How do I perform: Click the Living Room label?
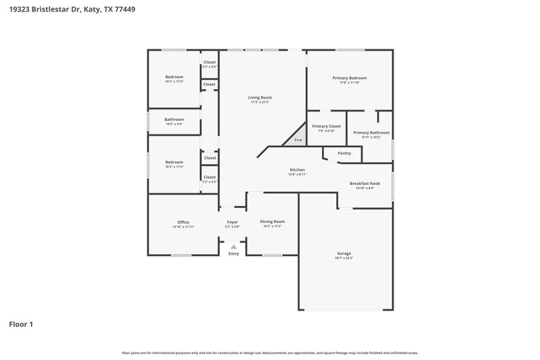click(260, 97)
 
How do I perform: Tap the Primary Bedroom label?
click(350, 78)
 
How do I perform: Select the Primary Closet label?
click(326, 126)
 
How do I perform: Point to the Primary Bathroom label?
click(371, 132)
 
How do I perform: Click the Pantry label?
click(344, 153)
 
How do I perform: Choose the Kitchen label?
click(297, 170)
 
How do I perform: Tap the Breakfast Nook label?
click(364, 183)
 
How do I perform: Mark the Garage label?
click(344, 253)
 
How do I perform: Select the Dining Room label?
click(273, 222)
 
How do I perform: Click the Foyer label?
click(232, 222)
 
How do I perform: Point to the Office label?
click(183, 222)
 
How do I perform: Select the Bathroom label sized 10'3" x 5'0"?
click(174, 120)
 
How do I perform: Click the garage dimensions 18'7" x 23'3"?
click(344, 258)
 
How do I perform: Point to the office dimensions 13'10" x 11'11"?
click(183, 227)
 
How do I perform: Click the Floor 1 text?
click(20, 324)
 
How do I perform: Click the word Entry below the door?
click(234, 254)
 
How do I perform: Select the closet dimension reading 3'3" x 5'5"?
click(209, 182)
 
